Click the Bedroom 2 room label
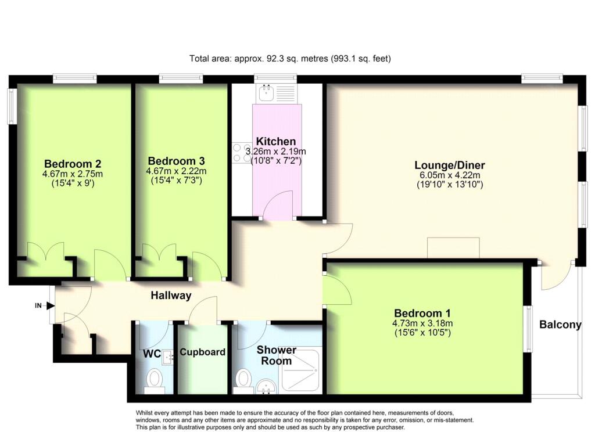73,164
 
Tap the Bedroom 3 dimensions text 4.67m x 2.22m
177,171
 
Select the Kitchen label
276,142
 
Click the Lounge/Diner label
450,165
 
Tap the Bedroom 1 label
422,314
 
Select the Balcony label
561,325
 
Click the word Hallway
171,296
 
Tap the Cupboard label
203,352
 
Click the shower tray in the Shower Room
300,370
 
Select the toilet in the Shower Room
242,381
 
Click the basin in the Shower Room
266,387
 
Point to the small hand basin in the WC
167,357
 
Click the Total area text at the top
291,59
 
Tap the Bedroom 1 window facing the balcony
528,329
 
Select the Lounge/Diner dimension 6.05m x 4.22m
450,175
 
